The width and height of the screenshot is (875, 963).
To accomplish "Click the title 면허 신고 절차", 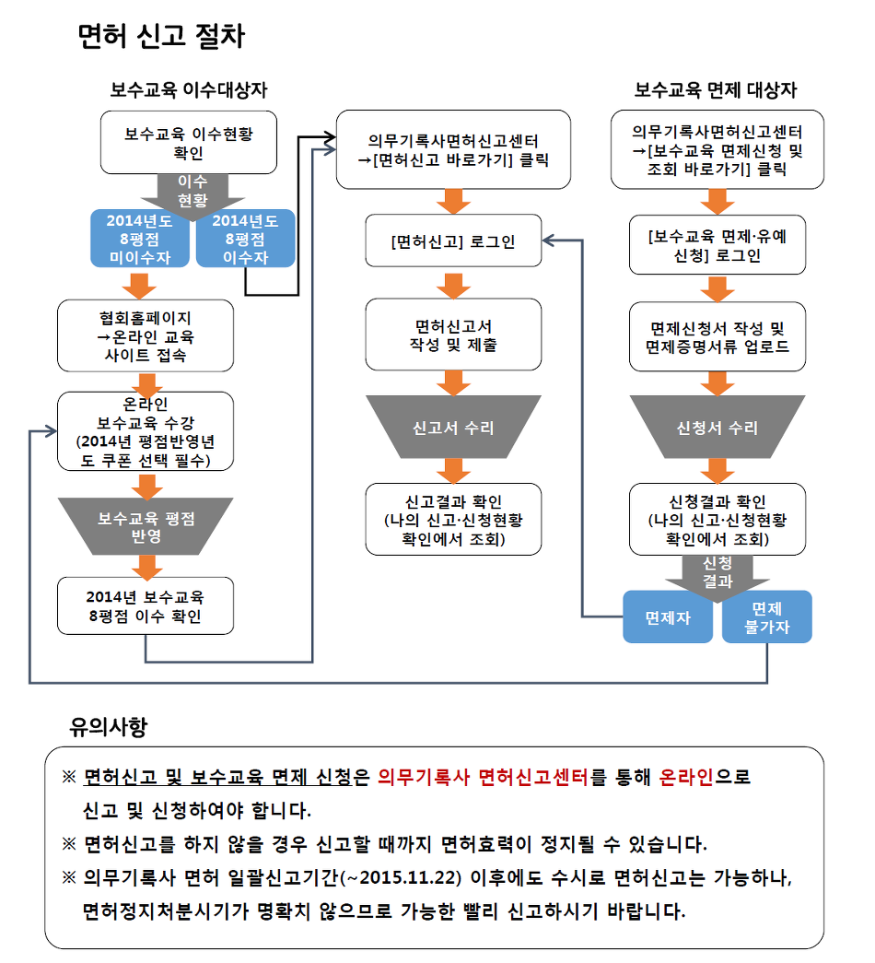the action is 161,36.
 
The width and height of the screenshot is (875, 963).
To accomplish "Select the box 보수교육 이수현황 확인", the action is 189,143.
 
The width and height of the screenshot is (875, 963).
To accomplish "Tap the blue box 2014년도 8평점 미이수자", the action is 140,239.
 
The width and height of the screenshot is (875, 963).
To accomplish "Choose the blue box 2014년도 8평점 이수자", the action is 246,239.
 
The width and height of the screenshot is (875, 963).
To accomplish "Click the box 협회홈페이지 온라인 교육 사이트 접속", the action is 146,336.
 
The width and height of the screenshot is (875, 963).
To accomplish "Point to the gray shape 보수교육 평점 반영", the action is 146,526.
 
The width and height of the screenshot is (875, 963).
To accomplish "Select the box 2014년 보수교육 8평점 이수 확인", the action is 146,606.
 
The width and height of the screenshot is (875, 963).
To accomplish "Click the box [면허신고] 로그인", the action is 453,241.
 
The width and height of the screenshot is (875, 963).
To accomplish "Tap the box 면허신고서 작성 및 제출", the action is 453,335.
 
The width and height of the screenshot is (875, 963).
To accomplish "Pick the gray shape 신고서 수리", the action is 453,427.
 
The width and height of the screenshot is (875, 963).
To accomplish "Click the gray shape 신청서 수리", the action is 717,427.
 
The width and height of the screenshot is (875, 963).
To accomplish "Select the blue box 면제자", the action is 668,617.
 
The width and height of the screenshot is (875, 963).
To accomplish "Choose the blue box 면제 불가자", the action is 767,617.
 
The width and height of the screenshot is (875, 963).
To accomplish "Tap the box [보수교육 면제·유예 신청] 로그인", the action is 717,244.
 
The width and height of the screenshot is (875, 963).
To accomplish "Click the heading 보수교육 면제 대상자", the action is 716,90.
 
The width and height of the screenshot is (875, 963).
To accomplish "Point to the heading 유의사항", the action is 108,726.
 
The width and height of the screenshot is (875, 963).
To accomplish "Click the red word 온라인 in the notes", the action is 686,777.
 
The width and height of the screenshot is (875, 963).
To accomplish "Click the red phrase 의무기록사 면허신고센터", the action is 483,777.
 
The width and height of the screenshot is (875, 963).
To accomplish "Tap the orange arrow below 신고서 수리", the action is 453,471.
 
